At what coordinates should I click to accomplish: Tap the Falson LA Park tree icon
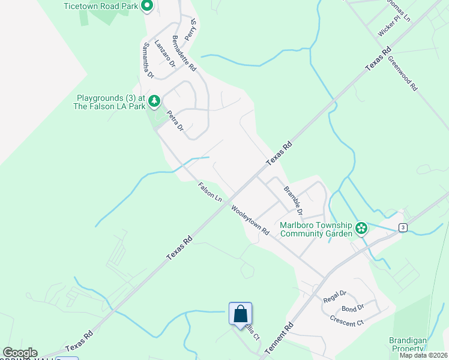(154, 101)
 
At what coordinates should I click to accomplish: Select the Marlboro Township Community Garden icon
(361, 228)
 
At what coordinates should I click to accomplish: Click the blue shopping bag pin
(240, 314)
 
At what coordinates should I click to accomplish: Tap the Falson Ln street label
(210, 192)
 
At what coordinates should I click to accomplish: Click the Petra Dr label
(175, 122)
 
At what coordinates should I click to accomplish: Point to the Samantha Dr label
(148, 61)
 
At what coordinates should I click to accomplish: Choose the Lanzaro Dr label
(164, 53)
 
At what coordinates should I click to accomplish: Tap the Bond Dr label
(352, 308)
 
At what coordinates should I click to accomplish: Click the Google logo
(20, 353)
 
